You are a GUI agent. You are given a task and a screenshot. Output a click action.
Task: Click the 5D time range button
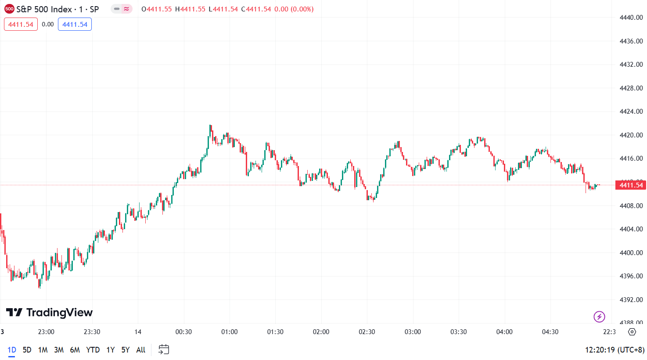pos(27,350)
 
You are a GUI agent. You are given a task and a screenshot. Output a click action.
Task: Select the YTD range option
pos(93,350)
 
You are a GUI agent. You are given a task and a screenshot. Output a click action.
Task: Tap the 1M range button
pos(43,350)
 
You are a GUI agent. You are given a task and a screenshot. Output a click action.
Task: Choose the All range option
pos(140,350)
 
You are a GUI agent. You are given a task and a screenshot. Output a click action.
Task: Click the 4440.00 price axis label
pos(631,18)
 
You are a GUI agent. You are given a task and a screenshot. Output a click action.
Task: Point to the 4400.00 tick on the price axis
pos(631,253)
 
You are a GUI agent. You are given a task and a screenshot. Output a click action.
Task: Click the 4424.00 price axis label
pos(631,112)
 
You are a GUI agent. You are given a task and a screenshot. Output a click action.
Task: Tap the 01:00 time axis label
pos(229,332)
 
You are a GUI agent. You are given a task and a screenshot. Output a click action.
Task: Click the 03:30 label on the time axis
pos(458,332)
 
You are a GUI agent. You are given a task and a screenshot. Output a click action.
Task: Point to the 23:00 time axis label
pos(46,332)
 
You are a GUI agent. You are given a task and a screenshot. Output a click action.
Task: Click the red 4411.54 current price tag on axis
pos(631,185)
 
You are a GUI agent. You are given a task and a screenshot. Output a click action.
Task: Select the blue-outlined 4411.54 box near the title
pos(75,25)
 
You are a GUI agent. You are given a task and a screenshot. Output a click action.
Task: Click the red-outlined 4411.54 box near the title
pos(21,25)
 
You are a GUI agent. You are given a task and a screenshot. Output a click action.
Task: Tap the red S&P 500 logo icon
pos(9,9)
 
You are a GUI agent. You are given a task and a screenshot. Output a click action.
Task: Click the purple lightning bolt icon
pos(599,317)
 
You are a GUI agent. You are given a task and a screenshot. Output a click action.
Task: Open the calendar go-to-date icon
pos(164,350)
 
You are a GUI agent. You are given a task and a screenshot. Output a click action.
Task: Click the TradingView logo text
pos(50,313)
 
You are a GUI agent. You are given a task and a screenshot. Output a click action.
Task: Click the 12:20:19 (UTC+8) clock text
pos(615,350)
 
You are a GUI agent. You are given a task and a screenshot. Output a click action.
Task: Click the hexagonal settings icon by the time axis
pos(632,332)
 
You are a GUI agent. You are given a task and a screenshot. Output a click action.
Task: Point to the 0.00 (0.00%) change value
pos(294,9)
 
